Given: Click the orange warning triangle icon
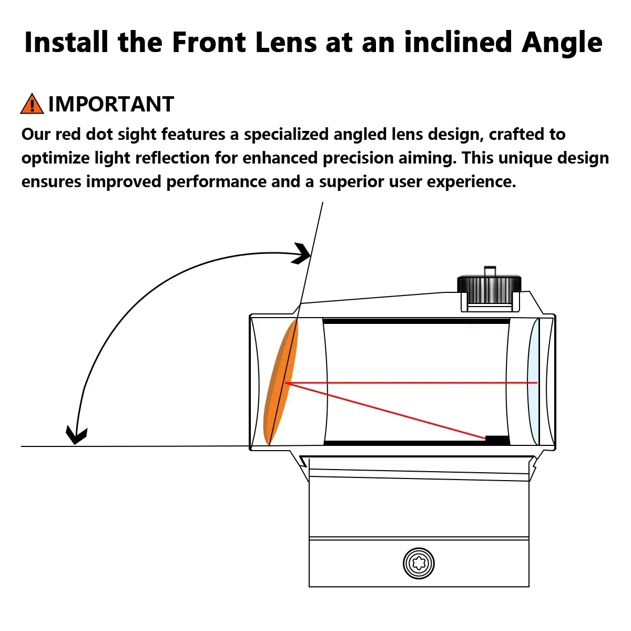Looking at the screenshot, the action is pos(32,104).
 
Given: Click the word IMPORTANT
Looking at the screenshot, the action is pos(111,104).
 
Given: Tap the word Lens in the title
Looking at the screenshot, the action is pos(286,42).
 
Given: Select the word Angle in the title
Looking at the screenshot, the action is pos(562,44).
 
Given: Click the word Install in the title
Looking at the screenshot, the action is pos(66,42).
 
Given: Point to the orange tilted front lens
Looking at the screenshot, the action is pos(281,382).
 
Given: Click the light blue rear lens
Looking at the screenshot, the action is pos(533,382).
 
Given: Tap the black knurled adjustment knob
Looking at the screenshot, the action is pos(489,289).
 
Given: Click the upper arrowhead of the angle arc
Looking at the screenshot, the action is pos(302,253).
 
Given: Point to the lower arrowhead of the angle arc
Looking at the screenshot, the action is pos(76,435).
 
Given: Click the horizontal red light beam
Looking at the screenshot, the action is pos(411,382).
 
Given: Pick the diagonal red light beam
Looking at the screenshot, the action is pos(385,411).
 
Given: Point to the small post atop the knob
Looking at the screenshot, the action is pos(490,271).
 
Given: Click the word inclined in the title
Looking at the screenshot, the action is pos(458,42).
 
